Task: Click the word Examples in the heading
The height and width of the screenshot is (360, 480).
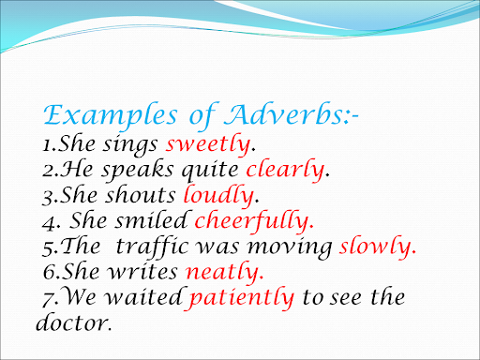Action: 111,116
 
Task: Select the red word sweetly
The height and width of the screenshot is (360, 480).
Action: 208,144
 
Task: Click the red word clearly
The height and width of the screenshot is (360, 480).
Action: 285,170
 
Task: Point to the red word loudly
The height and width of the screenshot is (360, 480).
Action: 218,196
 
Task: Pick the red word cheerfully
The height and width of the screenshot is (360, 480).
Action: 252,221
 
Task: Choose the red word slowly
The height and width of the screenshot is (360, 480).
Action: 376,247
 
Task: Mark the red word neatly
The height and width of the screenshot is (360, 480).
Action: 223,272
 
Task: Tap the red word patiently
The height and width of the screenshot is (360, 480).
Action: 239,298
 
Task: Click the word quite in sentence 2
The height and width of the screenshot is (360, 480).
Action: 210,172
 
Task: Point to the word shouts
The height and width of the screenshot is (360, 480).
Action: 140,195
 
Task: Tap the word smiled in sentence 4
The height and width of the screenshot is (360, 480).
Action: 152,220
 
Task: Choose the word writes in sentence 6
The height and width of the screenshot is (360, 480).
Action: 142,272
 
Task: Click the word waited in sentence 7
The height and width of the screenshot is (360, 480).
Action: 143,296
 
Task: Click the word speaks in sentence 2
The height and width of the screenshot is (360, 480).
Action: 138,172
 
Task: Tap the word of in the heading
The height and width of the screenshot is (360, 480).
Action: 202,116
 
